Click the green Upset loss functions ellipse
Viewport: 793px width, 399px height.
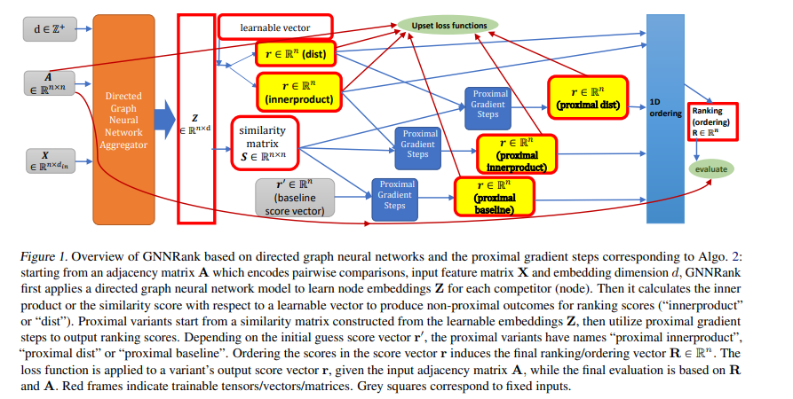pyautogui.click(x=448, y=25)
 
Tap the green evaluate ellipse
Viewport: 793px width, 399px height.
pyautogui.click(x=710, y=169)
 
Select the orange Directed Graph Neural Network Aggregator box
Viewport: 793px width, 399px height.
pyautogui.click(x=123, y=120)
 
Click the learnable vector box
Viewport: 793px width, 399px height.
pyautogui.click(x=275, y=27)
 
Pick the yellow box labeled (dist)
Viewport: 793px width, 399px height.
pyautogui.click(x=296, y=53)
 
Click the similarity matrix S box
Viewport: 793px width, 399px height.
pyautogui.click(x=264, y=143)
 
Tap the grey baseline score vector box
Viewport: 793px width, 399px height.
pyautogui.click(x=295, y=198)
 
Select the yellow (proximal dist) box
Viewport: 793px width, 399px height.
pyautogui.click(x=588, y=98)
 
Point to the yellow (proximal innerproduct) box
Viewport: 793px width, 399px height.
pyautogui.click(x=516, y=154)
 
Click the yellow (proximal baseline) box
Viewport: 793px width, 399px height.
pyautogui.click(x=494, y=197)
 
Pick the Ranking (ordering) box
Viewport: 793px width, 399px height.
pyautogui.click(x=711, y=121)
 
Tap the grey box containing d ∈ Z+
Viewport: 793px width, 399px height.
pyautogui.click(x=50, y=28)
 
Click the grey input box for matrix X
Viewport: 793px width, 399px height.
pyautogui.click(x=50, y=160)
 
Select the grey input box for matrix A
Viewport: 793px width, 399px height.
pyautogui.click(x=50, y=83)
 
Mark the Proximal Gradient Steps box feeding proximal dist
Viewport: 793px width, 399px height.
pyautogui.click(x=488, y=108)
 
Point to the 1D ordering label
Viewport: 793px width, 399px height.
pyautogui.click(x=665, y=107)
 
